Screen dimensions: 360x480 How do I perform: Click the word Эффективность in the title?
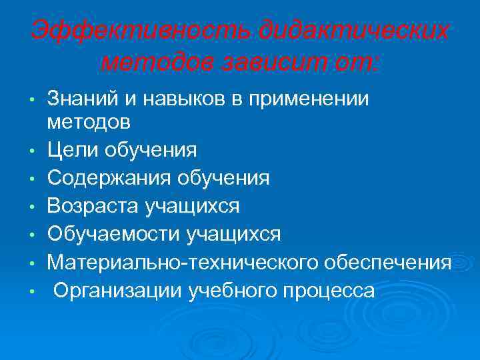tap(141, 31)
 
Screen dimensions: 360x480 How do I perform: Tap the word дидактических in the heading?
tap(353, 31)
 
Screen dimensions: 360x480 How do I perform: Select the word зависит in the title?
tap(285, 63)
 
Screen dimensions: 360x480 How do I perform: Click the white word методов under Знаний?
tap(89, 122)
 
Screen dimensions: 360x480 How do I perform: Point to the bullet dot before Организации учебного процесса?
tap(31, 293)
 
